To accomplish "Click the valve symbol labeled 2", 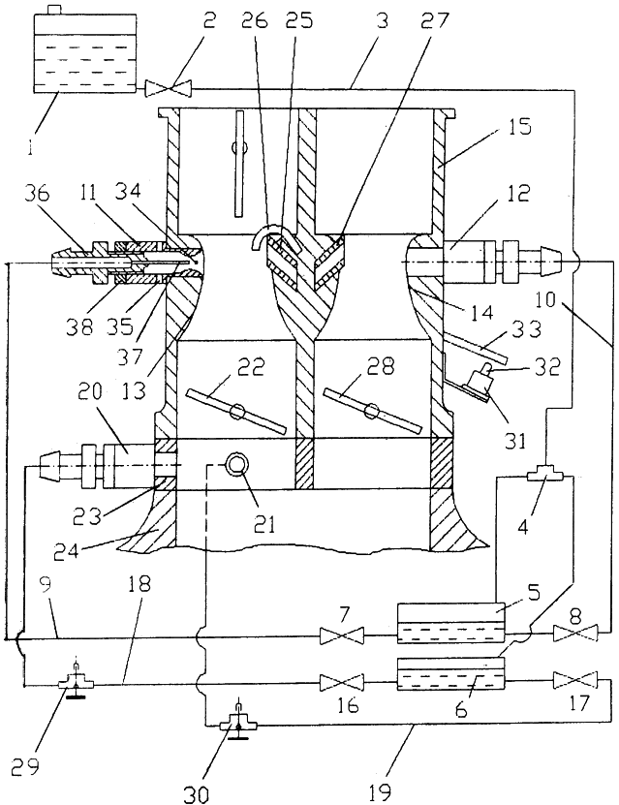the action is (x=168, y=88).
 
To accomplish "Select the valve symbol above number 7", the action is (x=341, y=635).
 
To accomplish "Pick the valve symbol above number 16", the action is (x=341, y=683).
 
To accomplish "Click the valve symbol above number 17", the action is (x=574, y=681).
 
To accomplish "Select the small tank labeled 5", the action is (x=451, y=623).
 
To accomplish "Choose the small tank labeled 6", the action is (x=451, y=674).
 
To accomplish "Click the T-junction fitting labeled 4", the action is (x=546, y=476).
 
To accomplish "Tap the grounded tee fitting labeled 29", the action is (x=76, y=683).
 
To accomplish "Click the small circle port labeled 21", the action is (x=236, y=465).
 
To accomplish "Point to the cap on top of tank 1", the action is (x=53, y=10).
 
